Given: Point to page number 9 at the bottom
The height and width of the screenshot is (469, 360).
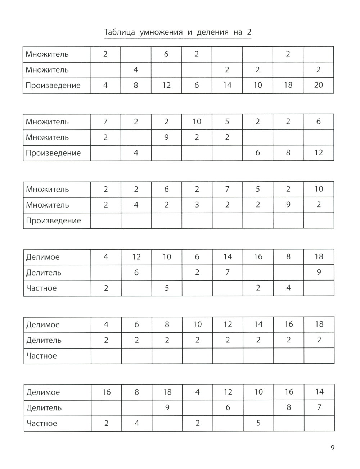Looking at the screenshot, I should [332, 448].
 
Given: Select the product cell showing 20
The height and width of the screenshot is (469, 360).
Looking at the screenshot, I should [319, 85].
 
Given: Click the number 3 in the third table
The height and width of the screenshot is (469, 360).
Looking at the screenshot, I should [197, 205].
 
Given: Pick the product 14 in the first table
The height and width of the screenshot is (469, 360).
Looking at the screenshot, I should [227, 85].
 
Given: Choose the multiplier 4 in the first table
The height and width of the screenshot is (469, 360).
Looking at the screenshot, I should [136, 70].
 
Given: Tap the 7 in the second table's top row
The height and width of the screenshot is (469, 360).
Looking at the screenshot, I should [105, 122].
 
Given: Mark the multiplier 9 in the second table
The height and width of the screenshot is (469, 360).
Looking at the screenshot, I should [166, 137].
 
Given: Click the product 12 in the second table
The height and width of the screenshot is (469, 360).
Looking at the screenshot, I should [319, 153].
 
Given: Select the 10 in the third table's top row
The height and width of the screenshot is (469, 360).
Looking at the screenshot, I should [319, 189].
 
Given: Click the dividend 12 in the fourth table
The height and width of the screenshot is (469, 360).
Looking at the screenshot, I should [136, 257].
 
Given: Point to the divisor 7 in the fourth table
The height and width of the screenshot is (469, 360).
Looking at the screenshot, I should [228, 272].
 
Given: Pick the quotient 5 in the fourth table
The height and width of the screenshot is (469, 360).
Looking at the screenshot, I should [167, 288].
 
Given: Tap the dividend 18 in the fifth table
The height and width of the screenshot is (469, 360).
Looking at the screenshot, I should [319, 324].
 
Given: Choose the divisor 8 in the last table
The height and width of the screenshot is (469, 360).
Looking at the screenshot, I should [289, 407].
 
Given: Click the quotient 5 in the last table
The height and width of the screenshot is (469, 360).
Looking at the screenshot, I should [258, 423].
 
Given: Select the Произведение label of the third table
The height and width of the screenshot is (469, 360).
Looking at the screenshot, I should [53, 221].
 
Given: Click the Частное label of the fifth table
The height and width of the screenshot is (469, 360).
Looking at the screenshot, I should [41, 356].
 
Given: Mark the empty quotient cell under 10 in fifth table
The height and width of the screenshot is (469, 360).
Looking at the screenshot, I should [197, 356].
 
